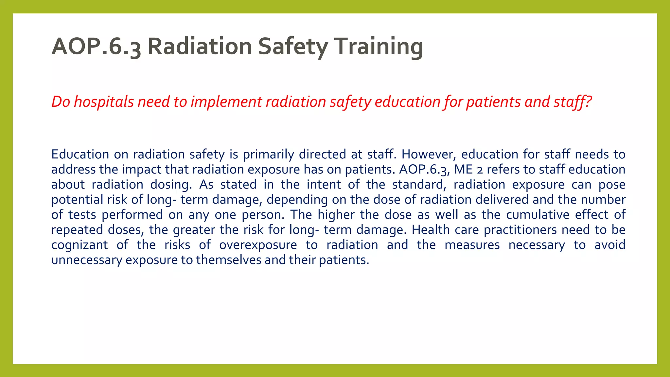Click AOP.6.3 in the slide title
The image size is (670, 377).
[x=96, y=46]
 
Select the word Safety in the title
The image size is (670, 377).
[x=292, y=46]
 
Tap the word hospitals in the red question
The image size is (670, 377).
[x=104, y=102]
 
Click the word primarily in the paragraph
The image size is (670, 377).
[x=268, y=154]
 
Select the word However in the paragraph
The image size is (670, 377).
[x=428, y=154]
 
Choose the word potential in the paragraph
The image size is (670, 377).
[x=77, y=200]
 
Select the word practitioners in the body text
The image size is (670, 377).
[x=520, y=230]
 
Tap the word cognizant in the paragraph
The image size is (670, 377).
[x=79, y=245]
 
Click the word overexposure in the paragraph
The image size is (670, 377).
[x=258, y=245]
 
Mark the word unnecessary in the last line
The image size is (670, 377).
[x=87, y=260]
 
